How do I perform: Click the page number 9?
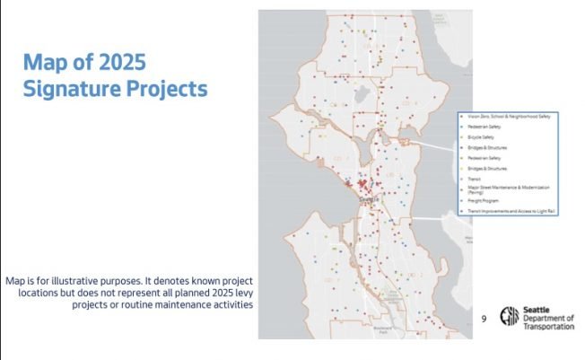(x=485, y=319)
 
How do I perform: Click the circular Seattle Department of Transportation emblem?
(x=510, y=318)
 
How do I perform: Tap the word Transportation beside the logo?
(x=549, y=327)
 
